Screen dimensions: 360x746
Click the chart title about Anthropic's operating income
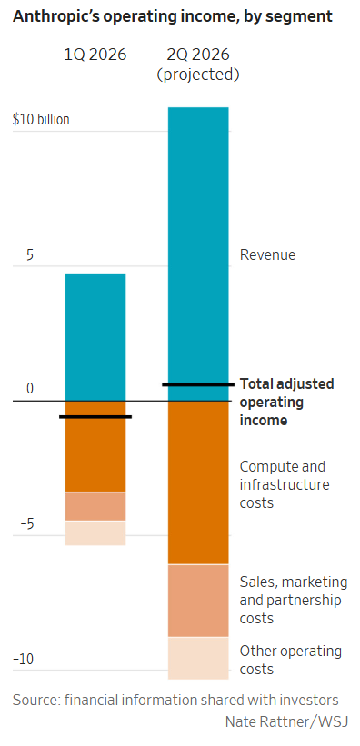pyautogui.click(x=173, y=16)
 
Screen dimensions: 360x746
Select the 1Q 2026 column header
pyautogui.click(x=95, y=55)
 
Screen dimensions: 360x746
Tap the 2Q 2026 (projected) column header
pyautogui.click(x=198, y=65)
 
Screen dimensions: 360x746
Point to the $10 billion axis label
pyautogui.click(x=41, y=119)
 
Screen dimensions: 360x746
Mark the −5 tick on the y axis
pyautogui.click(x=27, y=523)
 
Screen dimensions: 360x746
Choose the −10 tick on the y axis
pyautogui.click(x=24, y=660)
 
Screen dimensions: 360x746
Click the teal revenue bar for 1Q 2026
pyautogui.click(x=95, y=337)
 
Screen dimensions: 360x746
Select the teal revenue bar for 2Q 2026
pyautogui.click(x=198, y=254)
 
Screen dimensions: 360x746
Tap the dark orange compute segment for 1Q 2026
pyautogui.click(x=95, y=446)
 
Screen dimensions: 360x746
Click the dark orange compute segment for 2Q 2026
pyautogui.click(x=198, y=482)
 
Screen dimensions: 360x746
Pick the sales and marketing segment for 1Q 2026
pyautogui.click(x=95, y=507)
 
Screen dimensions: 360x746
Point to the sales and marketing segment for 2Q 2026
pyautogui.click(x=198, y=601)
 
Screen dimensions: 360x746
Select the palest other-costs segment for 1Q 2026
pyautogui.click(x=95, y=533)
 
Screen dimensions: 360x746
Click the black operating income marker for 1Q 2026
pyautogui.click(x=95, y=417)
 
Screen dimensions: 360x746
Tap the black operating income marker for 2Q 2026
pyautogui.click(x=198, y=384)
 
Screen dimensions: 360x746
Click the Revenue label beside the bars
pyautogui.click(x=267, y=254)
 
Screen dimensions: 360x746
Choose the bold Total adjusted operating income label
pyautogui.click(x=286, y=402)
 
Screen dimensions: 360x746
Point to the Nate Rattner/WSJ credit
pyautogui.click(x=287, y=721)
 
